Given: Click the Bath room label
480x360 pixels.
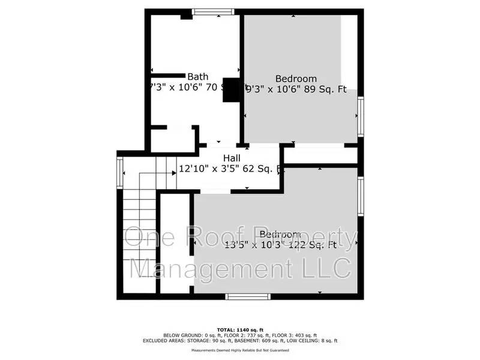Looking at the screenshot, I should coord(198,76).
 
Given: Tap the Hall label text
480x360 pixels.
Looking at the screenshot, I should coord(215,158).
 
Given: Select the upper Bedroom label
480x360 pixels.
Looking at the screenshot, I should coord(296,79).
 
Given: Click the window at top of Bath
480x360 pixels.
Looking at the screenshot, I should coord(213,11).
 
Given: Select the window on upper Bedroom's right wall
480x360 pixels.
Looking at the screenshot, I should coord(361,116).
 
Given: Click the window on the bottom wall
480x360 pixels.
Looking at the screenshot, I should coord(245,296).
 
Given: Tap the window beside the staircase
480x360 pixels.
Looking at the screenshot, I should coord(119,173).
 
